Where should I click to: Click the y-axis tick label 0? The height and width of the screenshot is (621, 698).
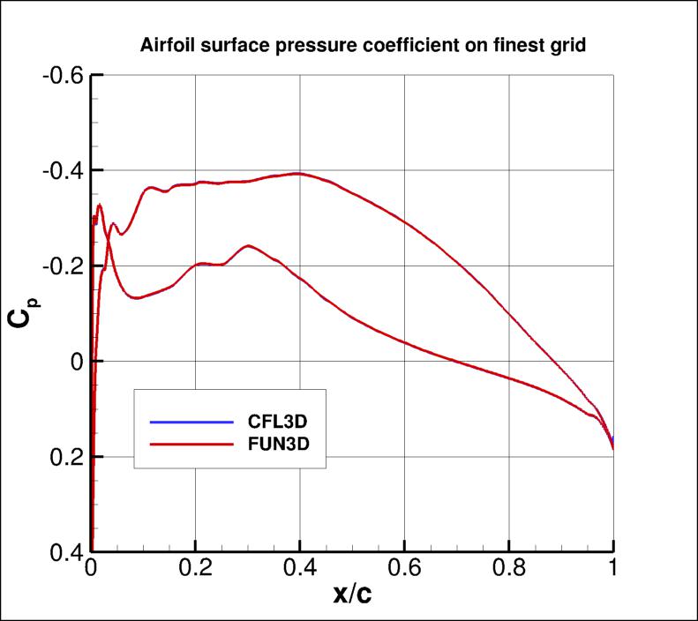(x=76, y=362)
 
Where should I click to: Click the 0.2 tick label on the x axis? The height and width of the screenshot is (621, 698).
(x=195, y=571)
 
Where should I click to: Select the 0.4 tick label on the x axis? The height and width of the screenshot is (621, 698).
(x=300, y=571)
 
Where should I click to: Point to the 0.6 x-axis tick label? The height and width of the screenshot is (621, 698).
(x=404, y=571)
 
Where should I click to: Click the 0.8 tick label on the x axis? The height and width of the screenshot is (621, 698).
(x=509, y=571)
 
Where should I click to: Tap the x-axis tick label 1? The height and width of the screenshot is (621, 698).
(x=613, y=571)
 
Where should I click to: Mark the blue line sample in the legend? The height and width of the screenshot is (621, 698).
(x=185, y=421)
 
